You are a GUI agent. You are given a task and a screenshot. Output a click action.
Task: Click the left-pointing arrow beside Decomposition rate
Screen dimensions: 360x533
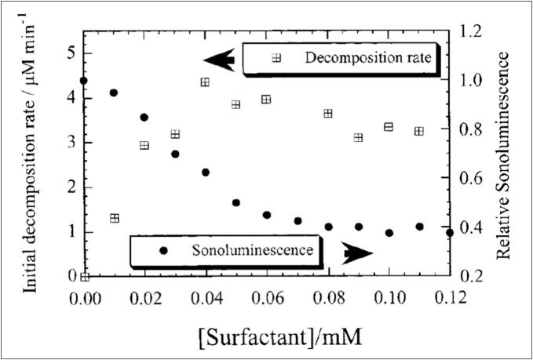pyautogui.click(x=219, y=60)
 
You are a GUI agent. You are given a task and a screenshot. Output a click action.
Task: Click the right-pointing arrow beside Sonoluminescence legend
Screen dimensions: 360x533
pyautogui.click(x=358, y=253)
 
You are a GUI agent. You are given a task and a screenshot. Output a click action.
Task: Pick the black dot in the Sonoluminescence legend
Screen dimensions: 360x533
pyautogui.click(x=163, y=250)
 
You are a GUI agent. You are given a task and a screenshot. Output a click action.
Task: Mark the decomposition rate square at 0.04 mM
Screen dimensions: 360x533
pyautogui.click(x=205, y=82)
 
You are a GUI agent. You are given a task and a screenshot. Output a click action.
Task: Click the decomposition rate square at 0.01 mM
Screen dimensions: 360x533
pyautogui.click(x=115, y=218)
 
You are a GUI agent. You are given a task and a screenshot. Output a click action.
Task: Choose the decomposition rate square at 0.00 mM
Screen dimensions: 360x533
pyautogui.click(x=85, y=276)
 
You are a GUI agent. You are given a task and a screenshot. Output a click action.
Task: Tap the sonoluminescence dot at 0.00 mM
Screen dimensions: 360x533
pyautogui.click(x=84, y=81)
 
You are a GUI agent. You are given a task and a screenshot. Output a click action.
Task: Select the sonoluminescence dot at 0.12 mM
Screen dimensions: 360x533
pyautogui.click(x=449, y=233)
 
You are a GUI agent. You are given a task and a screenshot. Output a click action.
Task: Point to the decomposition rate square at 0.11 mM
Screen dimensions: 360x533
pyautogui.click(x=418, y=131)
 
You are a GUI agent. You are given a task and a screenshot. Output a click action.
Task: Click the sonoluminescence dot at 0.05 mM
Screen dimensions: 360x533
pyautogui.click(x=235, y=203)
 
